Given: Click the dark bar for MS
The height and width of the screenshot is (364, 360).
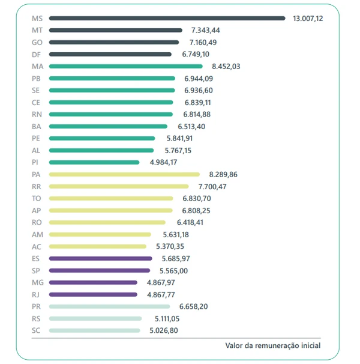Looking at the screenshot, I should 167,18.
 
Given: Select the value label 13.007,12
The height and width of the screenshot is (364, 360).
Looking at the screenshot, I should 308,19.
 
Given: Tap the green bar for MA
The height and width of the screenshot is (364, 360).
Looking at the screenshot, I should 125,66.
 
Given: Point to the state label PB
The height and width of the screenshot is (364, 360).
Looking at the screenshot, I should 36,78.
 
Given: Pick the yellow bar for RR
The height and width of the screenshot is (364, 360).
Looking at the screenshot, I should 118,186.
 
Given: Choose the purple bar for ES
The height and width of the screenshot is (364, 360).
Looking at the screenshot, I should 100,258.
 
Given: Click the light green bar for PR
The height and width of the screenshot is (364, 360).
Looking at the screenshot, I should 109,306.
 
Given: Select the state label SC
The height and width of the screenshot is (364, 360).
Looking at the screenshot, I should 36,330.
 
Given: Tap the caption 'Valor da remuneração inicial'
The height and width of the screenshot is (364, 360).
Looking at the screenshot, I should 272,345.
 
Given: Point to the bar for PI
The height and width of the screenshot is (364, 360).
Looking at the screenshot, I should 94,162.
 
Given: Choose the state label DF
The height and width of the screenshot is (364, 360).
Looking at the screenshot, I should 36,54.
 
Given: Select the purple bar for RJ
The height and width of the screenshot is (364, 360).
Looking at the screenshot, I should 93,294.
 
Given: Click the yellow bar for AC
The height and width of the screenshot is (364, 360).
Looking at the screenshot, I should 97,246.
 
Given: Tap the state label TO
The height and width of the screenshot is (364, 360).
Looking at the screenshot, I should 36,198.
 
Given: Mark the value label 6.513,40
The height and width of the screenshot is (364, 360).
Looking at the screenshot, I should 192,127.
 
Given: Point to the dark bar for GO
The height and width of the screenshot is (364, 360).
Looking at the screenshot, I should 113,42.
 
